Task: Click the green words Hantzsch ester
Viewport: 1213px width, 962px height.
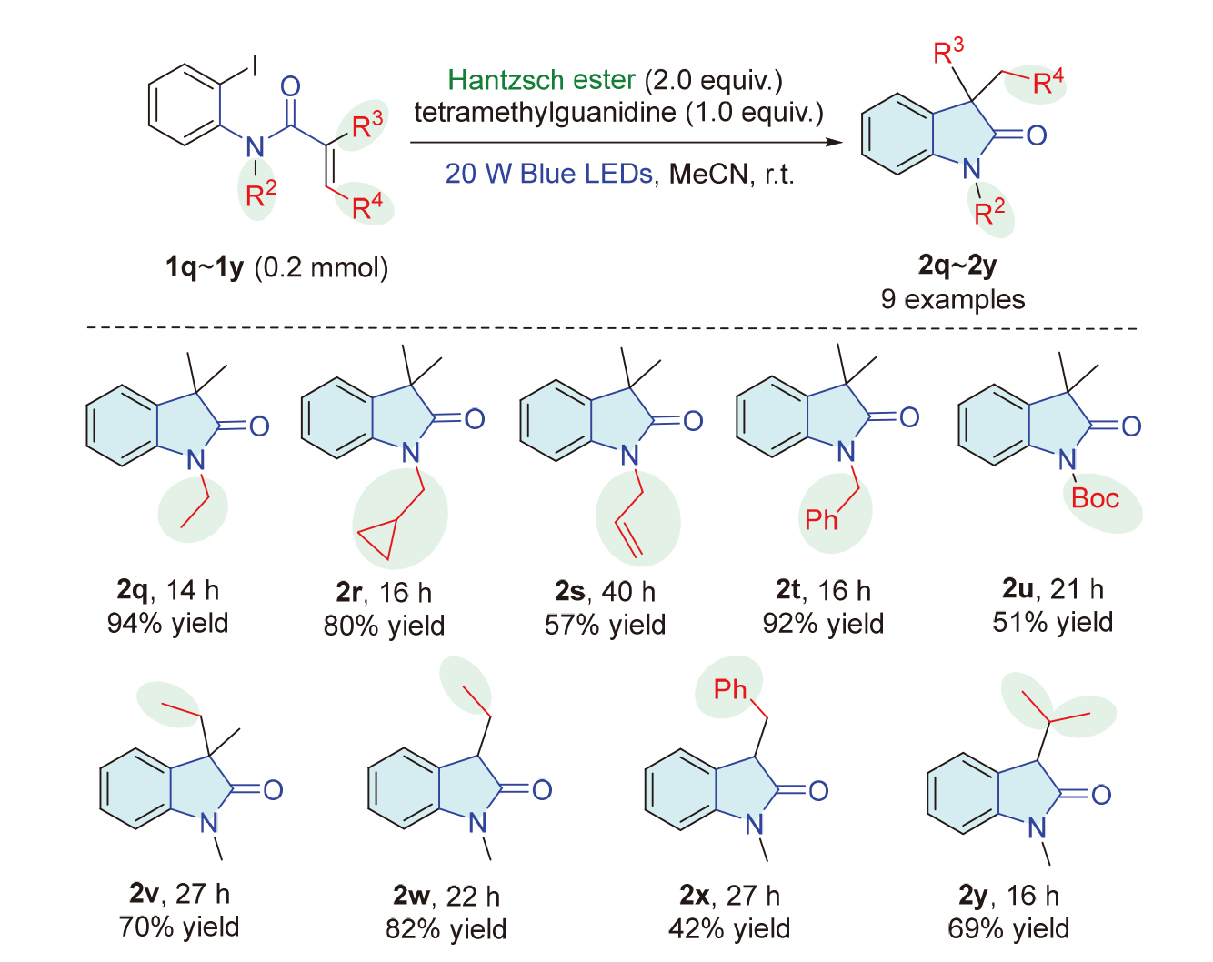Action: tap(541, 80)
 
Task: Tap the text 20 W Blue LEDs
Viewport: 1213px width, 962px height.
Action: tap(548, 173)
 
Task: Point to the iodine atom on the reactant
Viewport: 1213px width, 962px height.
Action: tap(256, 65)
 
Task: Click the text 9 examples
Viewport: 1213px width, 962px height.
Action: tap(952, 299)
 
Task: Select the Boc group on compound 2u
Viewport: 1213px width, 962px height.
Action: tap(1095, 498)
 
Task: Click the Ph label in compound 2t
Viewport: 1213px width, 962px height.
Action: tap(821, 520)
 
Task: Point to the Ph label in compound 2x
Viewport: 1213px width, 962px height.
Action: tap(729, 690)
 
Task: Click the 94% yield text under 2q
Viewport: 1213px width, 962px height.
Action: tap(167, 624)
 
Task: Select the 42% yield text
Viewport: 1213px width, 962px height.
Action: tap(729, 928)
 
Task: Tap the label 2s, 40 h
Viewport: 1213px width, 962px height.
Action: tap(605, 592)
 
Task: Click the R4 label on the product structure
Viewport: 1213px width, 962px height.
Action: tap(1048, 83)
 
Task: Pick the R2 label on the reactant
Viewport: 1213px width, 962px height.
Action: tap(260, 194)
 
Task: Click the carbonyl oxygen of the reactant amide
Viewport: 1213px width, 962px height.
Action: tap(290, 87)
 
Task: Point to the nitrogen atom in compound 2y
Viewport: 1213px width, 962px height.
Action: tap(1037, 828)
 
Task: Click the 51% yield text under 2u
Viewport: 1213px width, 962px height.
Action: tap(1052, 623)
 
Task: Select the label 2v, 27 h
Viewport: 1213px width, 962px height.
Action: tap(179, 894)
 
